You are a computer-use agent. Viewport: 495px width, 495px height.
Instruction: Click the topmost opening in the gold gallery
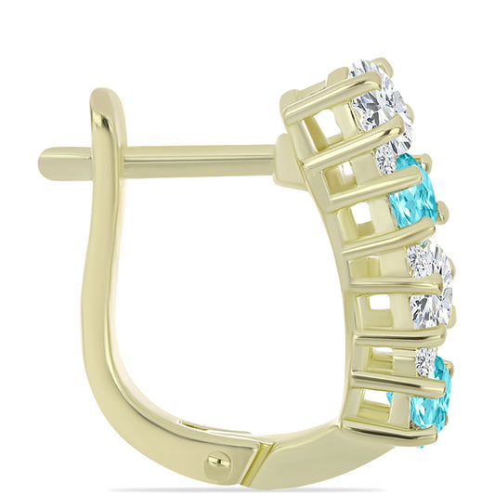click(x=324, y=124)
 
